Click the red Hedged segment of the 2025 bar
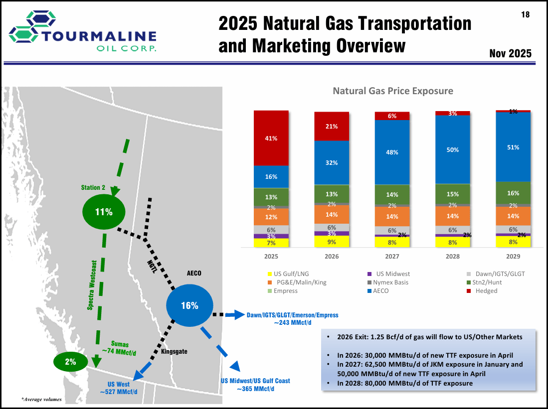pyautogui.click(x=271, y=137)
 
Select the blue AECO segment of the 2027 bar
pyautogui.click(x=392, y=152)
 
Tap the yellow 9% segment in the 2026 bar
pyautogui.click(x=332, y=242)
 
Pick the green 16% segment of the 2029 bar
pyautogui.click(x=513, y=193)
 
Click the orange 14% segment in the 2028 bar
pyautogui.click(x=453, y=216)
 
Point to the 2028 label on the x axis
pyautogui.click(x=453, y=257)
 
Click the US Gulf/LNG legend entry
pyautogui.click(x=289, y=274)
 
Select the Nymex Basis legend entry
pyautogui.click(x=389, y=282)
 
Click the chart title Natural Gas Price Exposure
pyautogui.click(x=393, y=91)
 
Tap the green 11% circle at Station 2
pyautogui.click(x=104, y=212)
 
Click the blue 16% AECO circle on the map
pyautogui.click(x=189, y=305)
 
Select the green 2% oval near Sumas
pyautogui.click(x=70, y=362)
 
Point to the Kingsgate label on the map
pyautogui.click(x=174, y=352)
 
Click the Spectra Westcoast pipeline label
pyautogui.click(x=91, y=284)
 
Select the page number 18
pyautogui.click(x=525, y=15)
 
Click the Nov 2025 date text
pyautogui.click(x=510, y=53)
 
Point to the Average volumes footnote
pyautogui.click(x=41, y=400)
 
